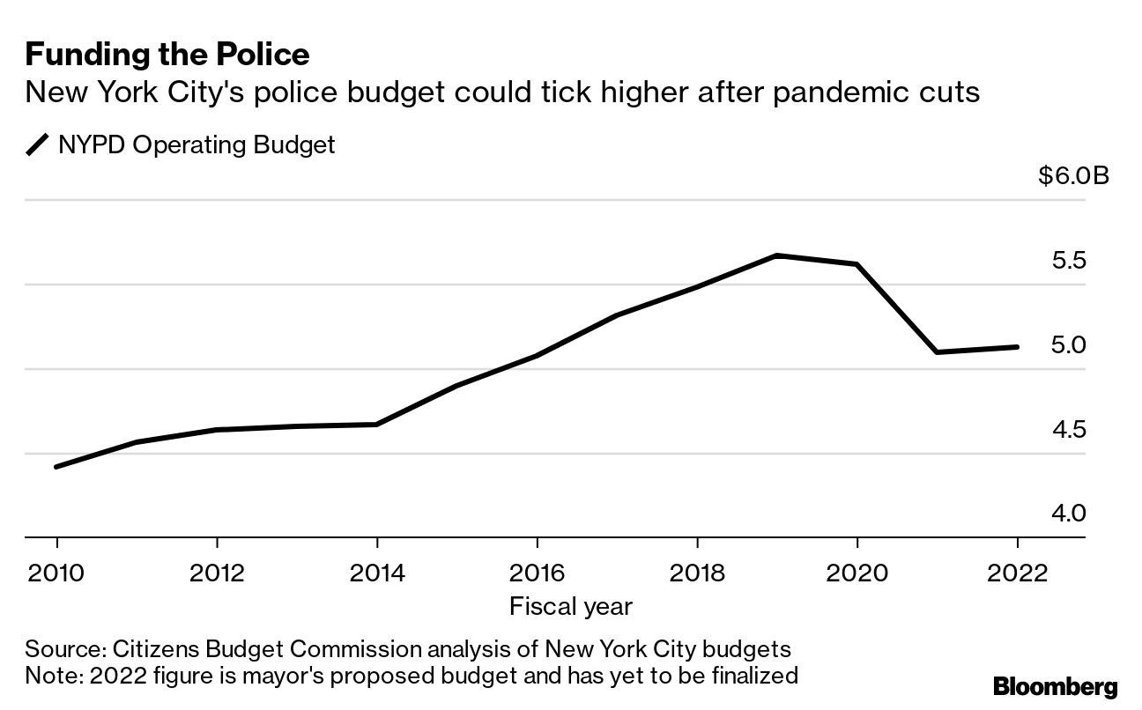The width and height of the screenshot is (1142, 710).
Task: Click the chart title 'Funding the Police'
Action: click(x=167, y=55)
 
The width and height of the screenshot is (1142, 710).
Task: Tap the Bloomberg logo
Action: click(x=1055, y=687)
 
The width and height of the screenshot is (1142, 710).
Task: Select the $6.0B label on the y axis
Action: click(x=1073, y=176)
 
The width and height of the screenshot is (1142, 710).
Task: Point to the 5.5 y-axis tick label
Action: click(x=1069, y=261)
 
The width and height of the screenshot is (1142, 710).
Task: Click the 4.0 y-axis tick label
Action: click(x=1069, y=513)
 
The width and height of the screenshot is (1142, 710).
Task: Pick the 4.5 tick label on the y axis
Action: click(x=1069, y=429)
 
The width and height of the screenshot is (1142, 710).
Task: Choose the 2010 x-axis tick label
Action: click(x=56, y=573)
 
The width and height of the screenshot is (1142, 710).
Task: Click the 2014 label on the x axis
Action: click(x=377, y=573)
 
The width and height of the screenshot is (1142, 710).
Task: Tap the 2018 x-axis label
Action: click(x=697, y=573)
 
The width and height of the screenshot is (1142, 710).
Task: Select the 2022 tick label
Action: click(x=1018, y=573)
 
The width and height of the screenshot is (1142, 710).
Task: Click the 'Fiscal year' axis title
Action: click(x=570, y=606)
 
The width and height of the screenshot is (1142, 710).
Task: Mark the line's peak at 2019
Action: click(x=777, y=255)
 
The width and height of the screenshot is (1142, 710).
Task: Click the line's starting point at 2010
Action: click(x=56, y=467)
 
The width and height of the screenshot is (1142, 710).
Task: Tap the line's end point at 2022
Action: click(x=1018, y=347)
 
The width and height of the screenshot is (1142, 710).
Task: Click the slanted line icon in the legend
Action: click(x=39, y=144)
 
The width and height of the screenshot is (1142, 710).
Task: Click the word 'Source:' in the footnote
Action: click(x=64, y=650)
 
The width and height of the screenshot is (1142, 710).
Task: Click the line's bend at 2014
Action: click(x=377, y=425)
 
